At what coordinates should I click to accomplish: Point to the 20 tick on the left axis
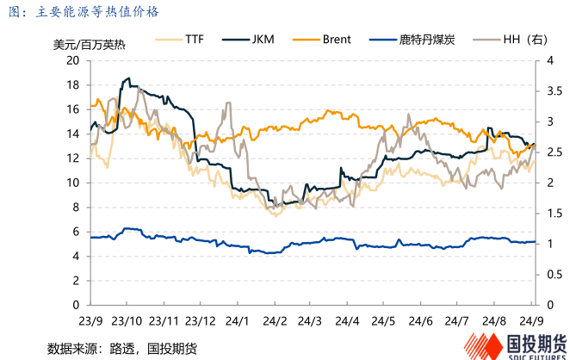(x=73, y=60)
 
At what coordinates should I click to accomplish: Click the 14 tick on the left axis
(x=73, y=133)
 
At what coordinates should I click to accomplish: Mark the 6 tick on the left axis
(x=76, y=232)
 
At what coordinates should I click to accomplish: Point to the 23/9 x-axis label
(x=90, y=321)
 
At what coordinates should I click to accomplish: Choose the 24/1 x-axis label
(x=238, y=321)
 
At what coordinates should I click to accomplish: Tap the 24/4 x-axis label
(x=348, y=321)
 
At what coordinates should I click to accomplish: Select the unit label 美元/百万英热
(x=83, y=45)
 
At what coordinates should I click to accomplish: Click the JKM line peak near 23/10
(x=128, y=78)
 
